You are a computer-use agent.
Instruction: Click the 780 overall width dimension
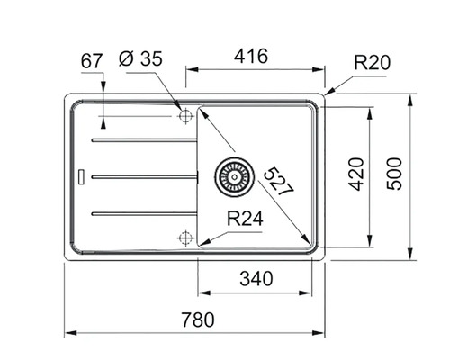[x=198, y=319]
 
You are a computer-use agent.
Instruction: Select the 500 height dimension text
[x=394, y=174]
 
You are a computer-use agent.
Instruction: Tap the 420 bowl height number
[x=356, y=175]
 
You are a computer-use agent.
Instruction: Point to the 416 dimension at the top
[x=251, y=56]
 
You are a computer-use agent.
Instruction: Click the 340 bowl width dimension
[x=256, y=278]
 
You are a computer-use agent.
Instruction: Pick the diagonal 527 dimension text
[x=279, y=181]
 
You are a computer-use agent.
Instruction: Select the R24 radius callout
[x=245, y=219]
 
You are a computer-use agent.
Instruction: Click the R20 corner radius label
[x=373, y=63]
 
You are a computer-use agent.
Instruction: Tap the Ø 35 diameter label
[x=140, y=58]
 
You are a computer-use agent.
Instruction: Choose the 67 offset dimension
[x=92, y=61]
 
